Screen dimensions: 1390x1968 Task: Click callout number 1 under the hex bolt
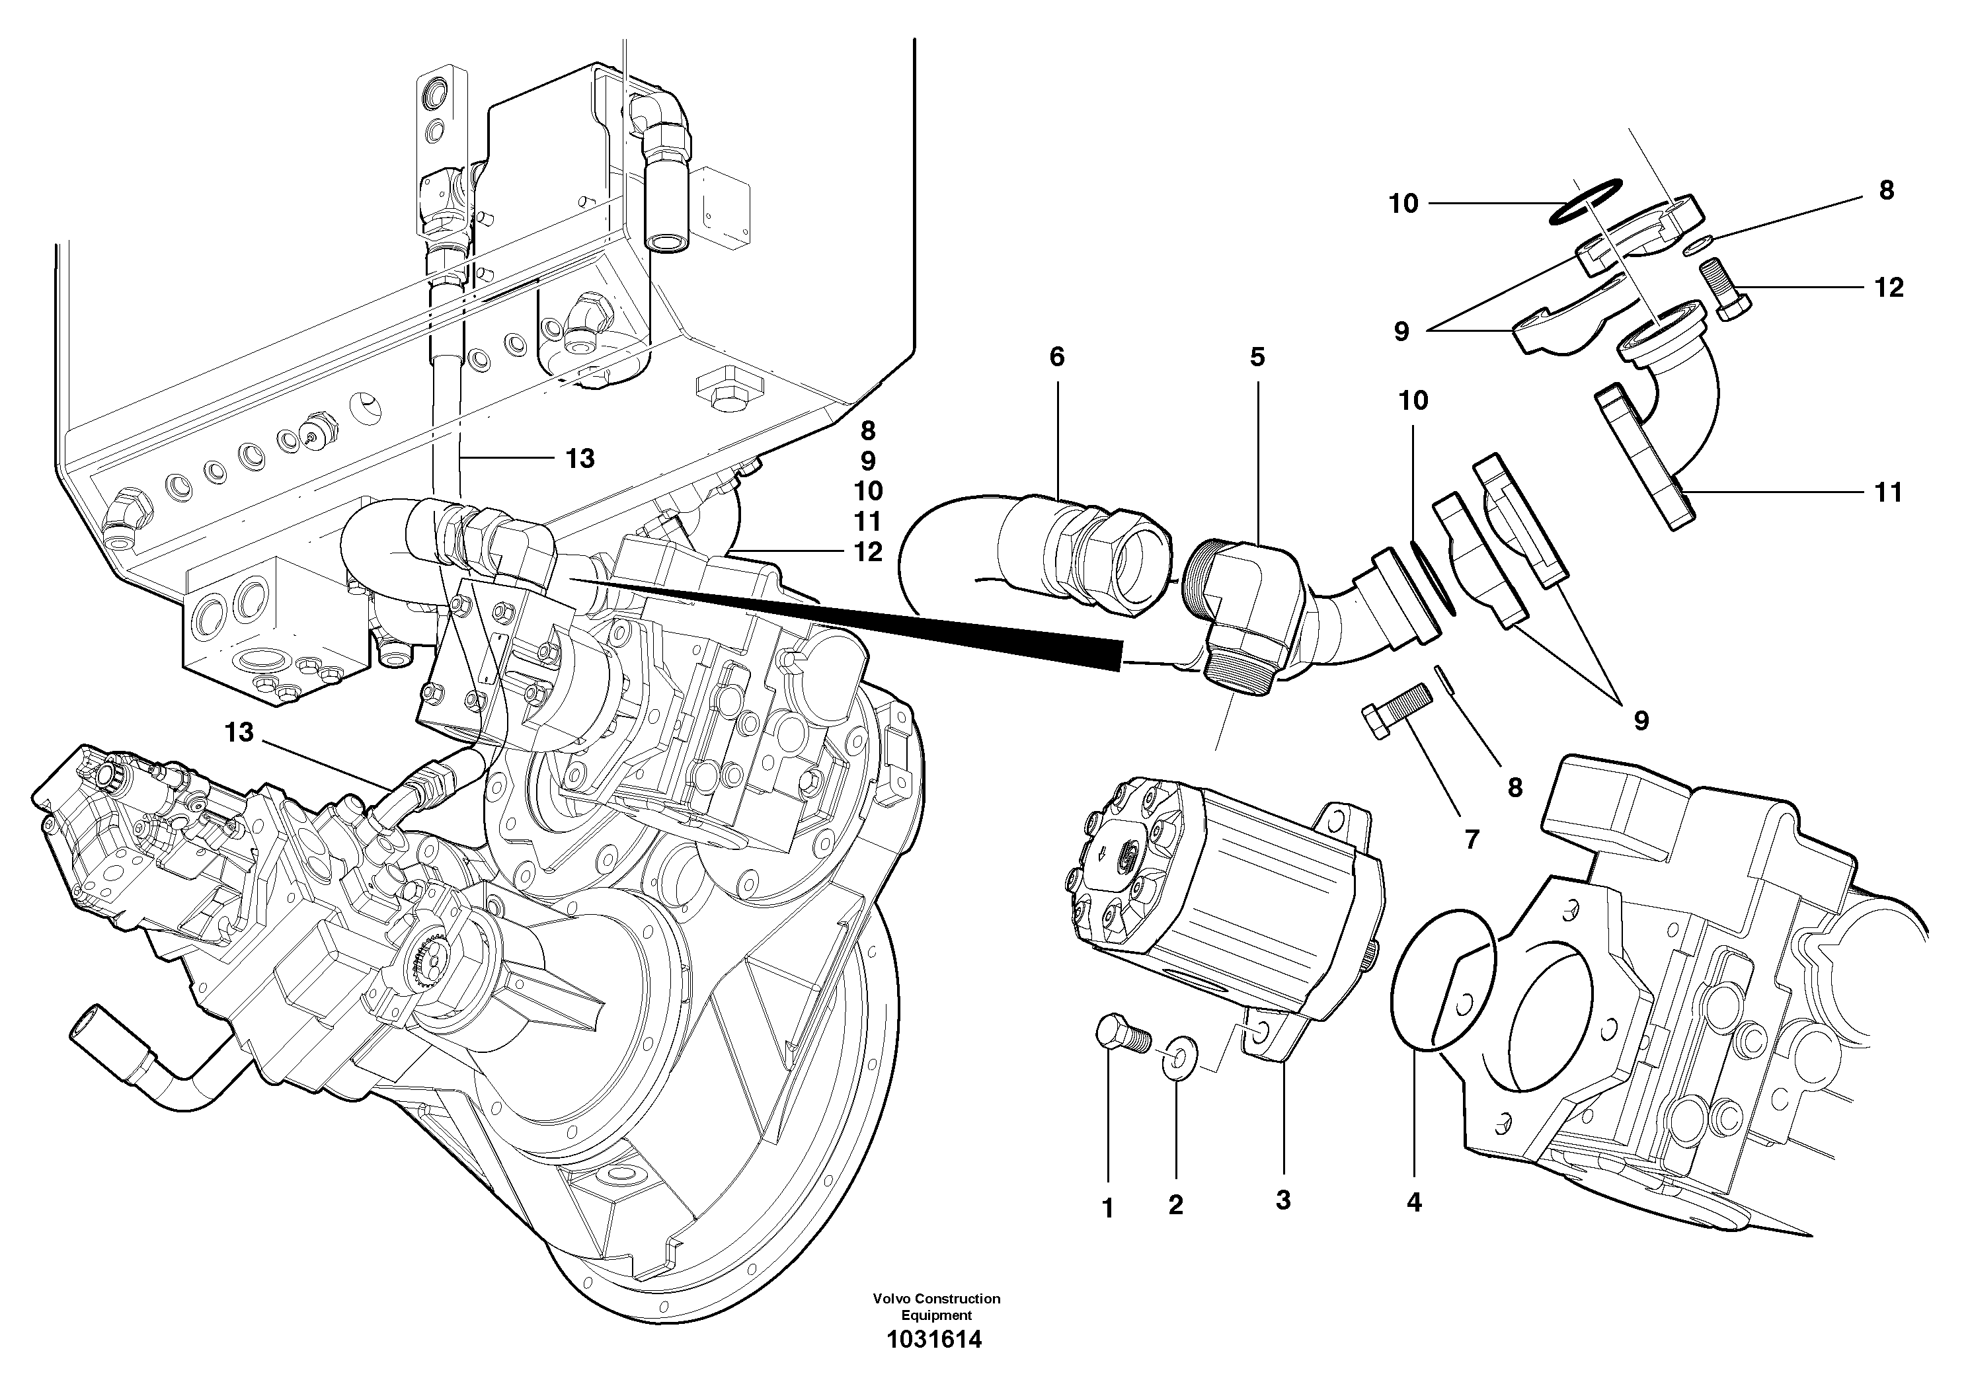point(1107,1208)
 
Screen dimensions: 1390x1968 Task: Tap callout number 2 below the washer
point(1175,1205)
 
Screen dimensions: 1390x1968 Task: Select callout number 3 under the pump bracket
point(1283,1200)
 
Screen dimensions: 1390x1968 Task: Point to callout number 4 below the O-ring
point(1414,1202)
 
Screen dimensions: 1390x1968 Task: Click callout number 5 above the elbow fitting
point(1257,356)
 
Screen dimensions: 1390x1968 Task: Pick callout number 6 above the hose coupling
point(1057,356)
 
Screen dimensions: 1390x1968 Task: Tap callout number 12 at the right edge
point(1888,287)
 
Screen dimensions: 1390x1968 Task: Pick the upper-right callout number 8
point(1887,190)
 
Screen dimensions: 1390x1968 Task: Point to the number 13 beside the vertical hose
point(580,459)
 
